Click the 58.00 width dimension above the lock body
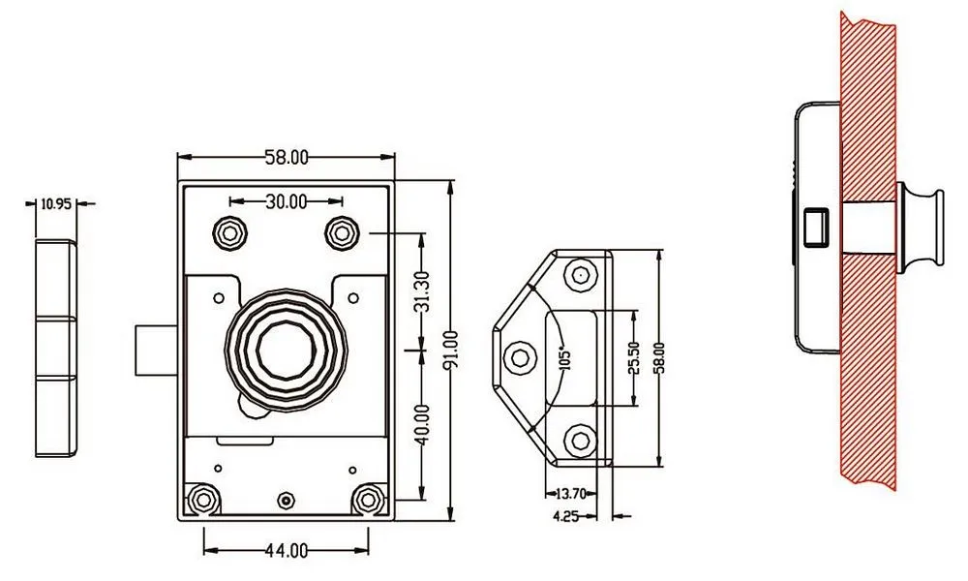287,156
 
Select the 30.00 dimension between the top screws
286,201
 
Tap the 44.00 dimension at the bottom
286,550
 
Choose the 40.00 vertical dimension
419,423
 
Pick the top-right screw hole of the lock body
342,231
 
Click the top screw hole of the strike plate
579,274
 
